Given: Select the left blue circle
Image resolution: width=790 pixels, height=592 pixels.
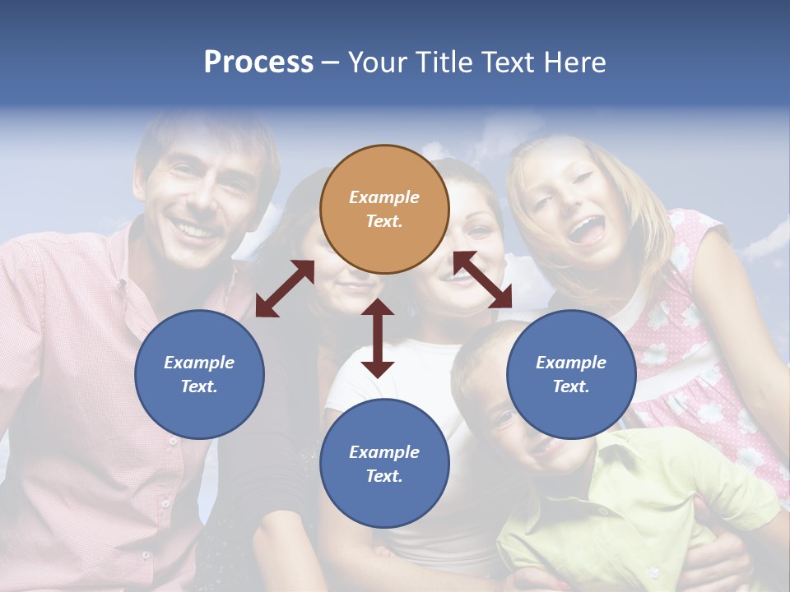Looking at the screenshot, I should [x=199, y=374].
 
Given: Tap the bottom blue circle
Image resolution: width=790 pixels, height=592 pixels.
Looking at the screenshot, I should [x=384, y=463].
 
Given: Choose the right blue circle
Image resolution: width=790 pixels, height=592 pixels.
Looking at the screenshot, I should [x=571, y=374].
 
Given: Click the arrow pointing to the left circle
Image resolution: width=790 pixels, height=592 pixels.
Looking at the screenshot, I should [x=285, y=289].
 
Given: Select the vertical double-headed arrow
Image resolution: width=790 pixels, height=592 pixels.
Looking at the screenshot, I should [x=378, y=338].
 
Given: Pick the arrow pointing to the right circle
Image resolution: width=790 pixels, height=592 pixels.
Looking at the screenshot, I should [x=483, y=280].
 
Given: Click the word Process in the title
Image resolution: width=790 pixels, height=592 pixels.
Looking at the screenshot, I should [x=258, y=62].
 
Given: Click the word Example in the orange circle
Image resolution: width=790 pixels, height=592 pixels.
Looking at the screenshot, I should [x=384, y=197].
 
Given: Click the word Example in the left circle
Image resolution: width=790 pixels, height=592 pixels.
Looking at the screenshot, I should [x=199, y=363].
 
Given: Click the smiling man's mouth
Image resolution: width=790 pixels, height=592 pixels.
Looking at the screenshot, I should [x=196, y=229].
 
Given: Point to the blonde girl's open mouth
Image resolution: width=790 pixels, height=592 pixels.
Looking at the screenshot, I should [x=588, y=229].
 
